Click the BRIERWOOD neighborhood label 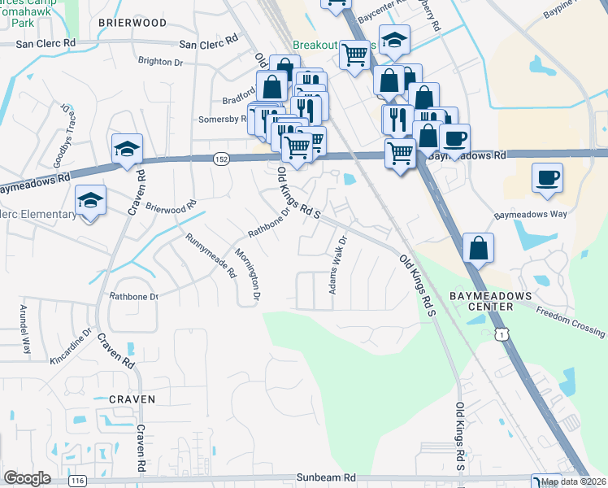coord(132,24)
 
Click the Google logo coord(27,478)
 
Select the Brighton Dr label coord(161,61)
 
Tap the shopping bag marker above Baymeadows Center coord(480,248)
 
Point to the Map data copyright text coord(573,481)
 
